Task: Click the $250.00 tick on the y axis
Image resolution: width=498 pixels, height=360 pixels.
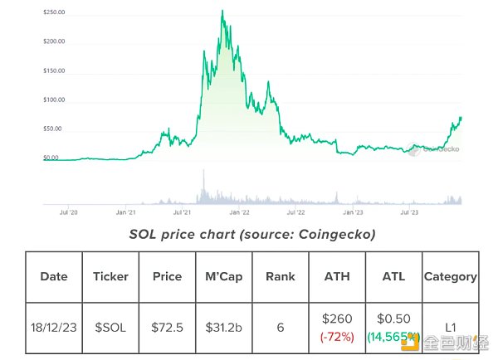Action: [x=54, y=13]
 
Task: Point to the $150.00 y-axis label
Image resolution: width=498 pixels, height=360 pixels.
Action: [x=54, y=71]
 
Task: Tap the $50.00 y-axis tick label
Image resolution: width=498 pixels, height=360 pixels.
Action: [x=53, y=129]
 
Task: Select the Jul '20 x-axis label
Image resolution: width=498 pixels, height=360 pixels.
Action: [x=71, y=212]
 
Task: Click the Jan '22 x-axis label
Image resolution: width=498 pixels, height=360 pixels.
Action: [x=240, y=212]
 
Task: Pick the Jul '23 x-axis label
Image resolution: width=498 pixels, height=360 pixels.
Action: [x=410, y=212]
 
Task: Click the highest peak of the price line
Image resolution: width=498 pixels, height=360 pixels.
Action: [x=222, y=12]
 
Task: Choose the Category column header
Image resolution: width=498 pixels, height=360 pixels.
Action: [x=450, y=276]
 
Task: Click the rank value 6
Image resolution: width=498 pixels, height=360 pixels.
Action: [x=280, y=328]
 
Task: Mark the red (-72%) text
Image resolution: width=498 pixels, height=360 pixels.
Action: [x=337, y=338]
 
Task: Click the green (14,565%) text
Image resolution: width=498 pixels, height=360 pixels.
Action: [x=393, y=338]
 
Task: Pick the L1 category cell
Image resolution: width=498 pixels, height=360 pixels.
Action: [x=450, y=328]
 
